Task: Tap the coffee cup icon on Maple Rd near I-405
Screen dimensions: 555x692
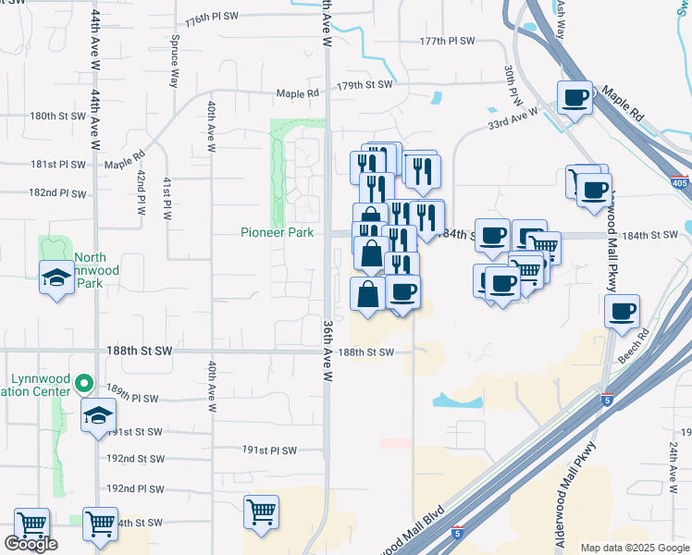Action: click(575, 97)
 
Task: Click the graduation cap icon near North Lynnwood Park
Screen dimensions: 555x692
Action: click(56, 275)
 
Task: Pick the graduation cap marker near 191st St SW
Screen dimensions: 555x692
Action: click(99, 415)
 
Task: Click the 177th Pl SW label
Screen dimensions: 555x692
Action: click(446, 42)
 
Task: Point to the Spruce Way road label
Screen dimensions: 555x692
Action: click(174, 64)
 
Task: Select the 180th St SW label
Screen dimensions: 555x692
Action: click(56, 117)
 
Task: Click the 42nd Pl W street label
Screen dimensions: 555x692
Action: click(142, 191)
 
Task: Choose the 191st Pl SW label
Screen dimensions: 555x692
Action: click(269, 450)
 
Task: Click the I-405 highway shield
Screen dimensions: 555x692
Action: click(679, 183)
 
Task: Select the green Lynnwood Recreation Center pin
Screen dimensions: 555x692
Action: click(84, 382)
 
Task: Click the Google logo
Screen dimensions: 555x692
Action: click(31, 544)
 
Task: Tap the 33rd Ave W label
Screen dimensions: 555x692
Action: click(513, 120)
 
